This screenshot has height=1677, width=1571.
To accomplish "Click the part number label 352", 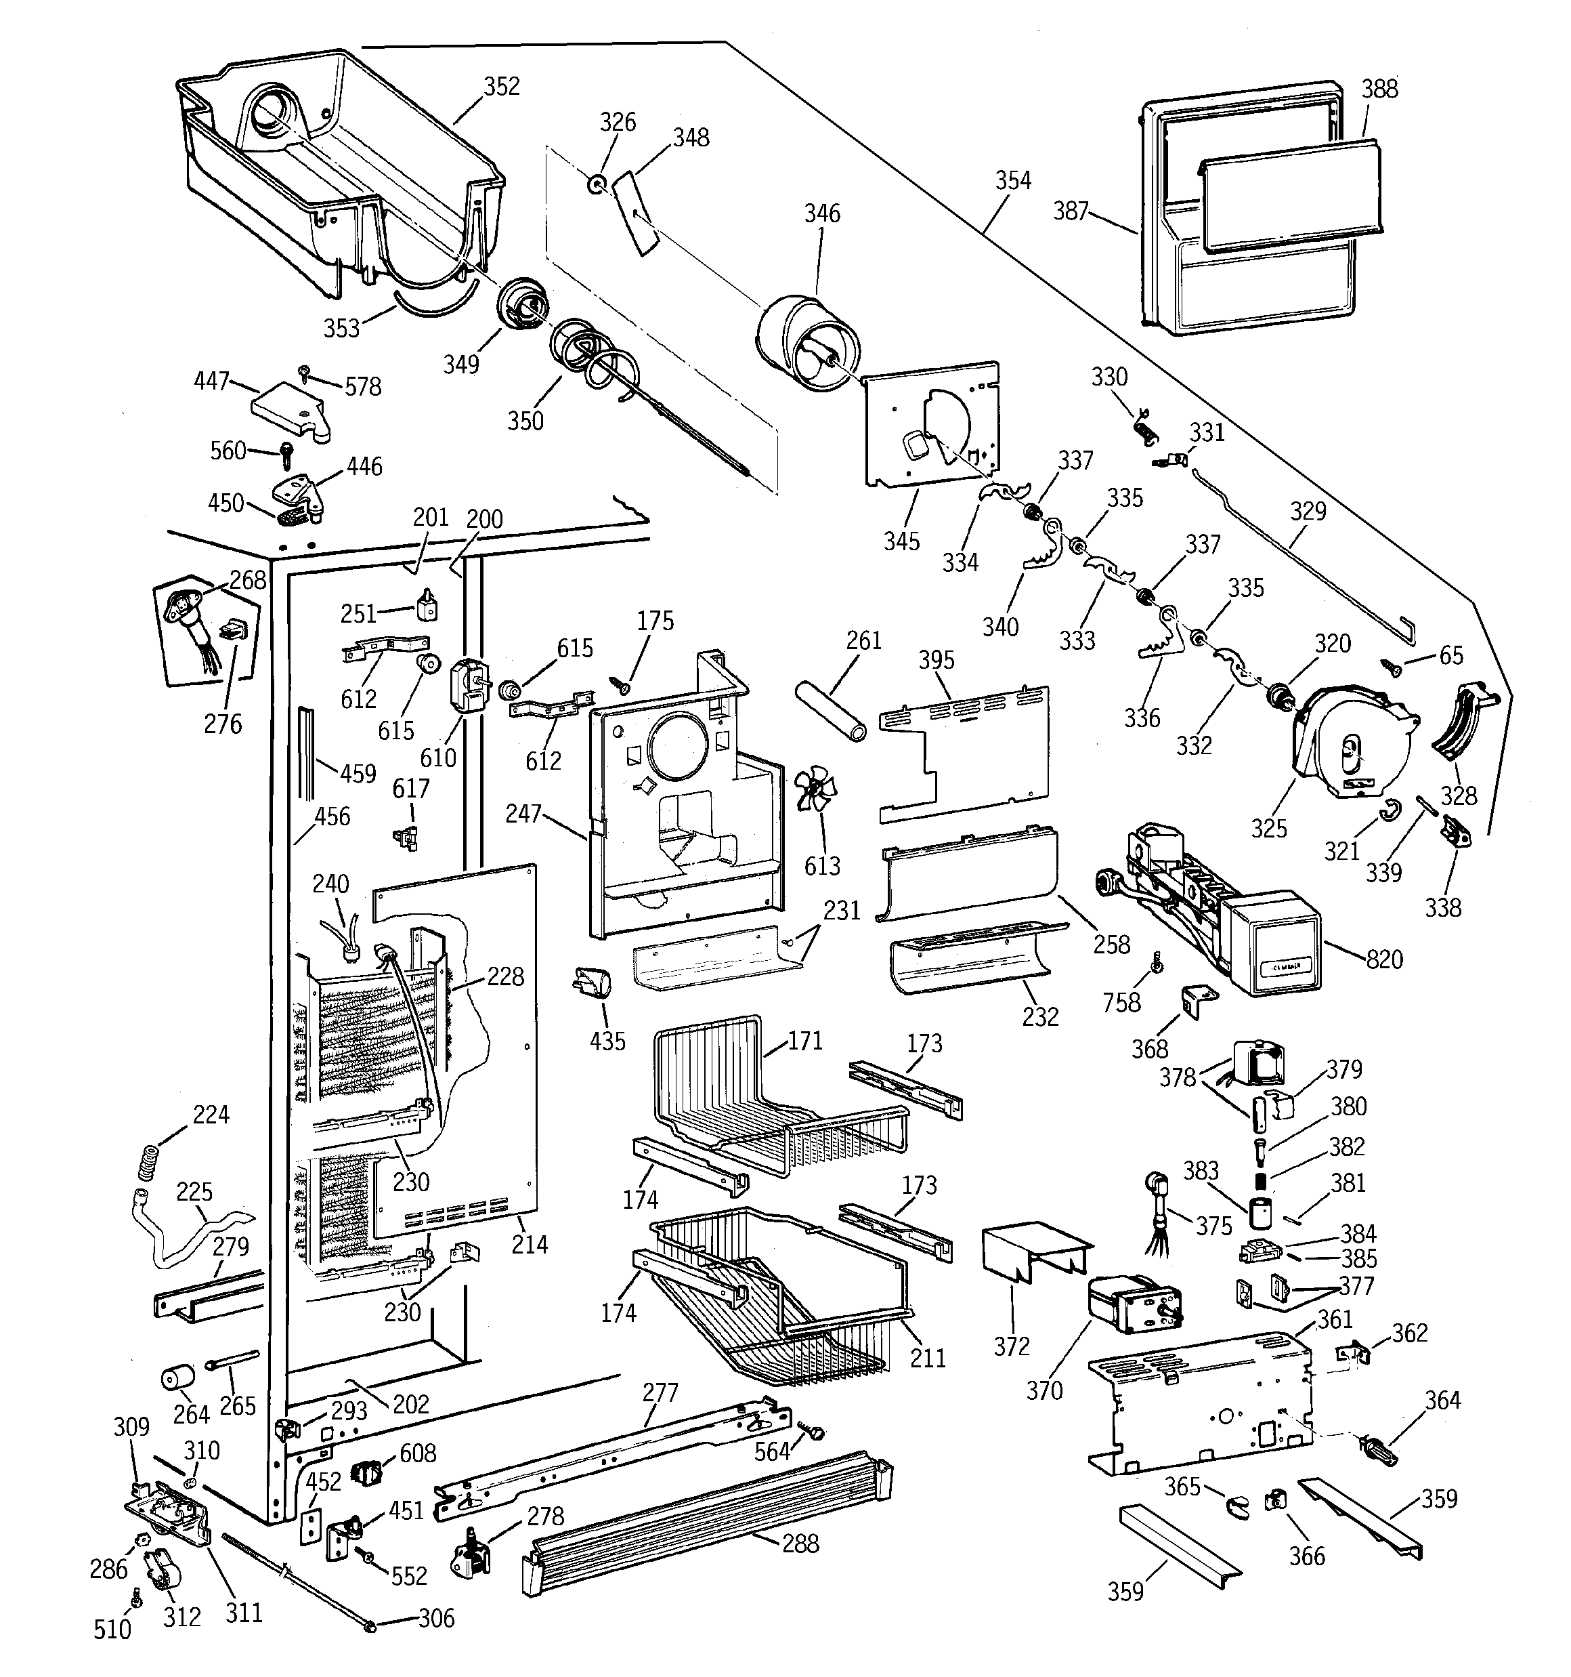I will (x=501, y=87).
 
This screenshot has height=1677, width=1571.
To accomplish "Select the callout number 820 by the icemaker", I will (x=1384, y=959).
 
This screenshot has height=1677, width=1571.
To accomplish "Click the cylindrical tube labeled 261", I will (x=831, y=711).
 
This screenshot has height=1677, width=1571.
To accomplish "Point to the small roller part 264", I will (x=177, y=1378).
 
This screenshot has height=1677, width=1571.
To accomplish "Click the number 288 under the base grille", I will (x=800, y=1544).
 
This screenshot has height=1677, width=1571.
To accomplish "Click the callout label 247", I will (x=523, y=814).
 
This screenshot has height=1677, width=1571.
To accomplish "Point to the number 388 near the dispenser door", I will (x=1379, y=89).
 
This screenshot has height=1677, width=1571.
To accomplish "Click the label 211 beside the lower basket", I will (x=928, y=1357).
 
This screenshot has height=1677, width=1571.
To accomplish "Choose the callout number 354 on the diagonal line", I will (x=1013, y=180).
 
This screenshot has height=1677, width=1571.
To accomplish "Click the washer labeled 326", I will (x=596, y=182).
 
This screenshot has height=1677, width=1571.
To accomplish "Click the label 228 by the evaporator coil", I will (x=505, y=977).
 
